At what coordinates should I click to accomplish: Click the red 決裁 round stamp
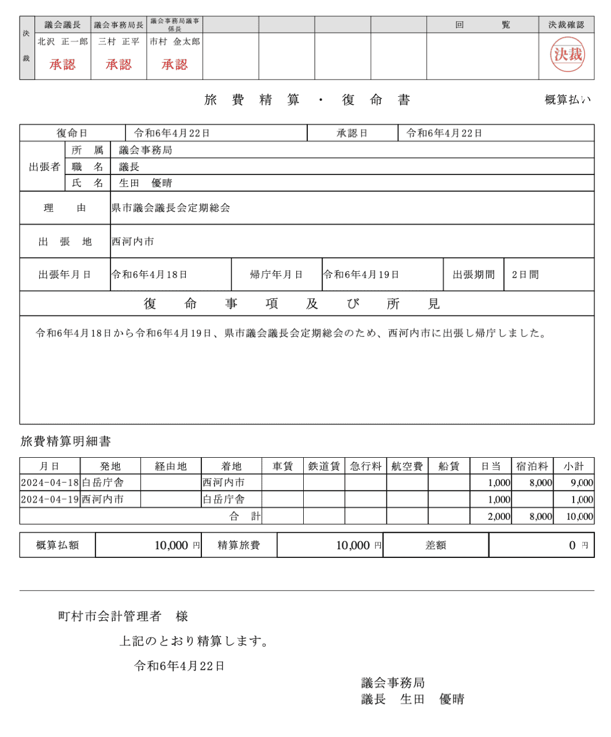pyautogui.click(x=567, y=55)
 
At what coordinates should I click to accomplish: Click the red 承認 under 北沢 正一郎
pyautogui.click(x=62, y=64)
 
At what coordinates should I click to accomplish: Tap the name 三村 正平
pyautogui.click(x=119, y=41)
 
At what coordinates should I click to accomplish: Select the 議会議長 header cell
pyautogui.click(x=63, y=25)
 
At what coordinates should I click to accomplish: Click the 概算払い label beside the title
pyautogui.click(x=567, y=100)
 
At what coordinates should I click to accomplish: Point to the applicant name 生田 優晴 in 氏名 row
pyautogui.click(x=146, y=183)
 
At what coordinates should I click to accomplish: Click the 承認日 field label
pyautogui.click(x=352, y=133)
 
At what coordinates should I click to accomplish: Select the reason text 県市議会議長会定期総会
pyautogui.click(x=171, y=208)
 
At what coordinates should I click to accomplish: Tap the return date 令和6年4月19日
pyautogui.click(x=361, y=275)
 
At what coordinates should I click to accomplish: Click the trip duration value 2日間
pyautogui.click(x=525, y=275)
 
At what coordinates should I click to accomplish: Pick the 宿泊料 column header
pyautogui.click(x=532, y=466)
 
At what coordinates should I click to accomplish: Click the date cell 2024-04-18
pyautogui.click(x=49, y=483)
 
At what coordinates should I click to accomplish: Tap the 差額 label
pyautogui.click(x=436, y=545)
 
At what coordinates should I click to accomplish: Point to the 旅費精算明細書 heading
pyautogui.click(x=66, y=442)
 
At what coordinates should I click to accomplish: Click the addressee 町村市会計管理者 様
pyautogui.click(x=123, y=616)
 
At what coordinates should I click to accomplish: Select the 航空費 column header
pyautogui.click(x=407, y=466)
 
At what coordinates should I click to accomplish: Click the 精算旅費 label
pyautogui.click(x=239, y=545)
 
